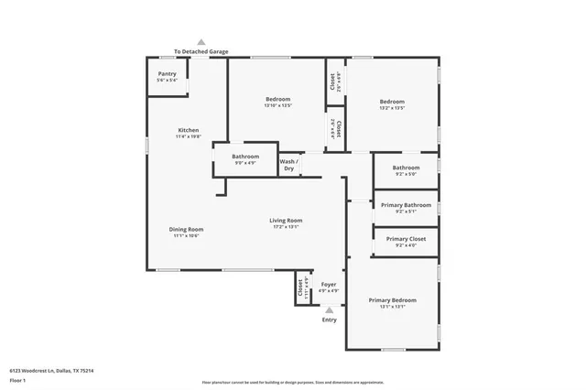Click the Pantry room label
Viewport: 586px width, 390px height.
168,74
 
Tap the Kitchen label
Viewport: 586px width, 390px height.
188,130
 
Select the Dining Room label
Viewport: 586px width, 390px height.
186,229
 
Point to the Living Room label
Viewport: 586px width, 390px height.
286,220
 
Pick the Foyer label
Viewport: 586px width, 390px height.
329,285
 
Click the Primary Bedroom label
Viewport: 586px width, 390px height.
392,300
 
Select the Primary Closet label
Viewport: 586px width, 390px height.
406,239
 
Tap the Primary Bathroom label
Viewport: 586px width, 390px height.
406,205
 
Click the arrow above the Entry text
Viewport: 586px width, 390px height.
330,310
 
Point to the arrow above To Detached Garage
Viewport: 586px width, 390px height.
201,42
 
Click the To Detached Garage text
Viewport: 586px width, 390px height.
201,51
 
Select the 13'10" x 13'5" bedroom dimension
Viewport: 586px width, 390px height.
278,106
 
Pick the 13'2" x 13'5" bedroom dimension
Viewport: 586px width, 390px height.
392,108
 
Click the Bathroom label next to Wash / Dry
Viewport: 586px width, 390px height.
245,157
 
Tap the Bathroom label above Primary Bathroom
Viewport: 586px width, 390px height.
406,168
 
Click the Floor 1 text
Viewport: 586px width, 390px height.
17,380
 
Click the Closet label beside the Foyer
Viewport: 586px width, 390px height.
299,289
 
